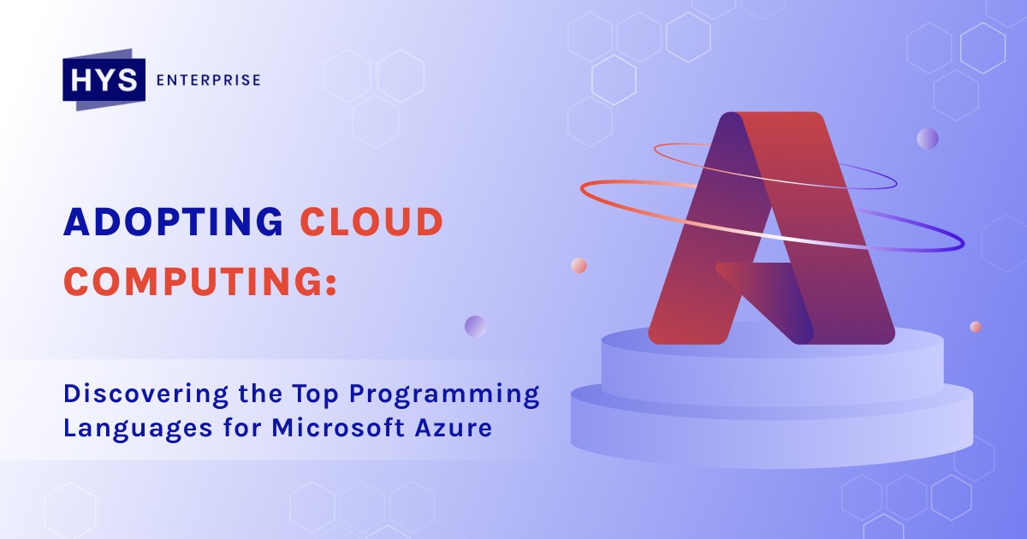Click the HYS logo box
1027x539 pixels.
pyautogui.click(x=104, y=80)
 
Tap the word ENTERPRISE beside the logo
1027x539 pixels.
pyautogui.click(x=209, y=80)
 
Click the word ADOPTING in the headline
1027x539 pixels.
pyautogui.click(x=173, y=222)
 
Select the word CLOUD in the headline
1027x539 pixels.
pyautogui.click(x=371, y=222)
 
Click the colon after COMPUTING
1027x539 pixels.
pyautogui.click(x=332, y=284)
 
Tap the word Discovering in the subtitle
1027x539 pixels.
pyautogui.click(x=145, y=394)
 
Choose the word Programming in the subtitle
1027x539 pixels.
pyautogui.click(x=444, y=394)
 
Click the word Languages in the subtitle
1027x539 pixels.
pyautogui.click(x=138, y=429)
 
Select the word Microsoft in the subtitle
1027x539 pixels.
pyautogui.click(x=338, y=427)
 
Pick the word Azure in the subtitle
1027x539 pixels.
pyautogui.click(x=454, y=428)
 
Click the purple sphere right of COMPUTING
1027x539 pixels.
pyautogui.click(x=476, y=326)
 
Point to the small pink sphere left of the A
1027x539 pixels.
pyautogui.click(x=579, y=265)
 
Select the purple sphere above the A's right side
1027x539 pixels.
pyautogui.click(x=928, y=139)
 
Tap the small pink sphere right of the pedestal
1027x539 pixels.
pyautogui.click(x=976, y=327)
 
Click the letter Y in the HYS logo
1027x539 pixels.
pyautogui.click(x=104, y=80)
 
